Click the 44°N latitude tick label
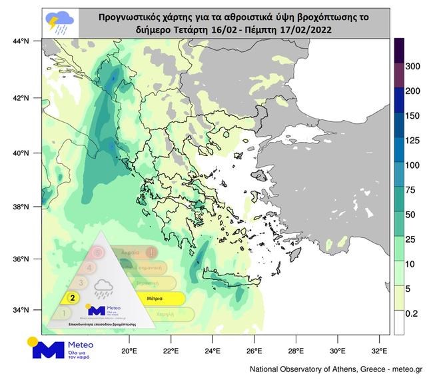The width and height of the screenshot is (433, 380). click(x=22, y=42)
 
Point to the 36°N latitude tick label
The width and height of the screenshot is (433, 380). click(x=22, y=259)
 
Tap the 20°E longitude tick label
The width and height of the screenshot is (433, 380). click(x=129, y=351)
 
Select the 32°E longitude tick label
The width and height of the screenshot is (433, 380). click(x=380, y=351)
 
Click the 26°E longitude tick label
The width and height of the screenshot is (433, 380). click(x=254, y=351)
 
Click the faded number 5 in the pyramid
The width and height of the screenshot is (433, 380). click(x=98, y=253)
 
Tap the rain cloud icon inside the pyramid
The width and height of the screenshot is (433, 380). click(x=104, y=289)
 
